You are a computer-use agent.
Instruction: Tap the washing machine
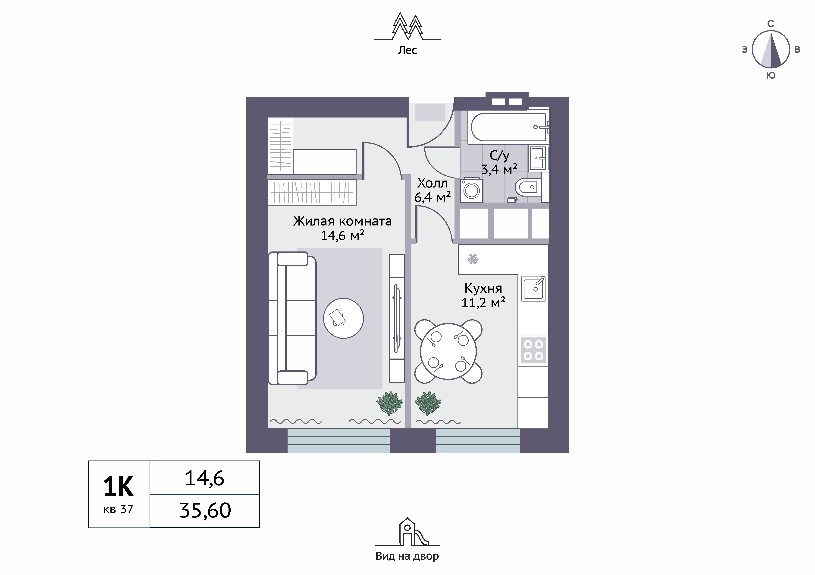[x=471, y=190]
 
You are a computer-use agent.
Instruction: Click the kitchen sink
[x=533, y=289]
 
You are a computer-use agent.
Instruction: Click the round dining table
[x=448, y=351]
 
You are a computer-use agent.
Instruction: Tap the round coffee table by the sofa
[x=343, y=318]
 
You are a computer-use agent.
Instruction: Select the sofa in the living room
[x=292, y=318]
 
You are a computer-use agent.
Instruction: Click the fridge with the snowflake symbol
[x=473, y=259]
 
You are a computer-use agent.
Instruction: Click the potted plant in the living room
[x=389, y=403]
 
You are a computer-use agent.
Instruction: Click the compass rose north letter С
[x=771, y=24]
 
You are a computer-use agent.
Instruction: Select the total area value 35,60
[x=205, y=511]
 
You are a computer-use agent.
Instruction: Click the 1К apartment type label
[x=119, y=487]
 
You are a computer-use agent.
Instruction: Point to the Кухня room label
[x=483, y=288]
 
